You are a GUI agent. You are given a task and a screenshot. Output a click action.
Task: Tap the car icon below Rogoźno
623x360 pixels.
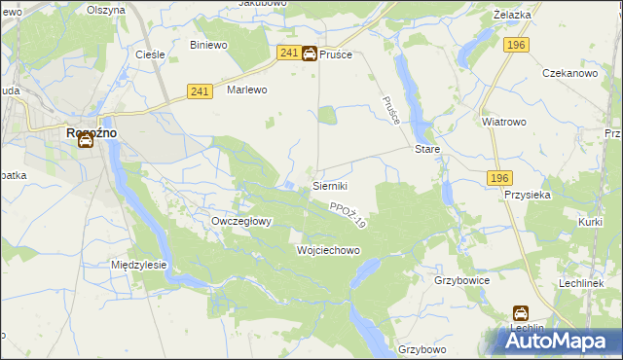(86, 140)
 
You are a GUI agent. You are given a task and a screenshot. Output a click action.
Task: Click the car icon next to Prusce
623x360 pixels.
(309, 54)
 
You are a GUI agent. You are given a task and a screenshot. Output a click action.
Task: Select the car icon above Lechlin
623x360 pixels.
(521, 314)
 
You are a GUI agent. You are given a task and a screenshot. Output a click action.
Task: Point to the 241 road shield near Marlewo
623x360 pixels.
(200, 90)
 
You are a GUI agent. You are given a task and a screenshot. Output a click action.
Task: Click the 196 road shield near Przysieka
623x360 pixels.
(499, 177)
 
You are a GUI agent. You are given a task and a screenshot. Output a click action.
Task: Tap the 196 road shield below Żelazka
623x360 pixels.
(516, 45)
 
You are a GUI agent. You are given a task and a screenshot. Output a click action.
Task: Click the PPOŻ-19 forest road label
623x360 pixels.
(347, 216)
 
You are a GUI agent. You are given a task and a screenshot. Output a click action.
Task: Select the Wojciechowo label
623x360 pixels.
(328, 250)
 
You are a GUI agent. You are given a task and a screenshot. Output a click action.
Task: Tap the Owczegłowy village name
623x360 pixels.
(241, 221)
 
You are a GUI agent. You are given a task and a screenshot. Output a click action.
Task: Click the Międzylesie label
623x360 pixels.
(139, 265)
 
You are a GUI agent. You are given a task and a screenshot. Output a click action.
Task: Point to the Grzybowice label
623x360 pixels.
(461, 280)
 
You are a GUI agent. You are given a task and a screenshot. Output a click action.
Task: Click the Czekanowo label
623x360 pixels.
(569, 74)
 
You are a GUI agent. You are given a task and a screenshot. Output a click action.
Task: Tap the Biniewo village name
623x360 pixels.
(208, 45)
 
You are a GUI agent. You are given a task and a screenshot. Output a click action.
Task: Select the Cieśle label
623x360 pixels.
(149, 54)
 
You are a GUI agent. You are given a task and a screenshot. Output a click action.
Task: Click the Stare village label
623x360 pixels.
(427, 150)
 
